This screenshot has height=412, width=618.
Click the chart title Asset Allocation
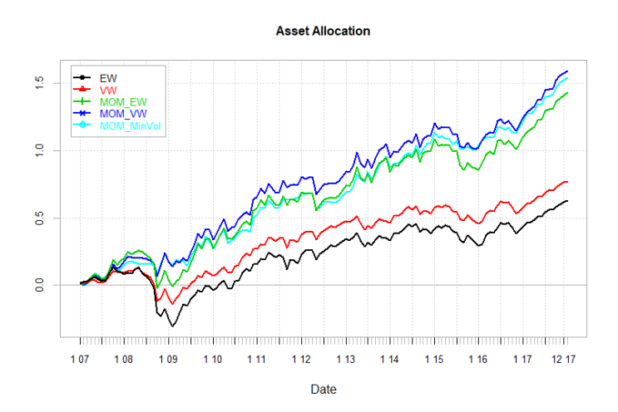pyautogui.click(x=323, y=31)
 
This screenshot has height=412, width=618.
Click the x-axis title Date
pyautogui.click(x=323, y=388)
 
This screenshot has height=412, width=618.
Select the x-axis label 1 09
pyautogui.click(x=168, y=360)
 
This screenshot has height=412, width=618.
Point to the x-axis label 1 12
pyautogui.click(x=301, y=360)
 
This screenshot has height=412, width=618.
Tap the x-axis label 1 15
pyautogui.click(x=434, y=360)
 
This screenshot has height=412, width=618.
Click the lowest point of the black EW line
pyautogui.click(x=172, y=326)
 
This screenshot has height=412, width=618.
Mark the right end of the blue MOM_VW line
pyautogui.click(x=567, y=71)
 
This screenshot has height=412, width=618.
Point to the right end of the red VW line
pyautogui.click(x=567, y=181)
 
